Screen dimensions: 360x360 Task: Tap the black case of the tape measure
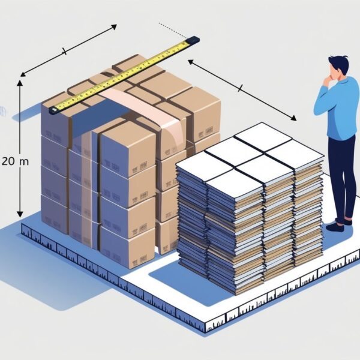[x=192, y=41]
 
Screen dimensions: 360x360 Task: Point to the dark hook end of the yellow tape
[x=53, y=110]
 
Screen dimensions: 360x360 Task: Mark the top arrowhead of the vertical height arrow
[x=20, y=83]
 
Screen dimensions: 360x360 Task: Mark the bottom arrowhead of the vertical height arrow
[x=20, y=215]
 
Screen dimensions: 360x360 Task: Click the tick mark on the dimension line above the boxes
[x=64, y=52]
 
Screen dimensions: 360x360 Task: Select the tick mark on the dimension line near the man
[x=240, y=89]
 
